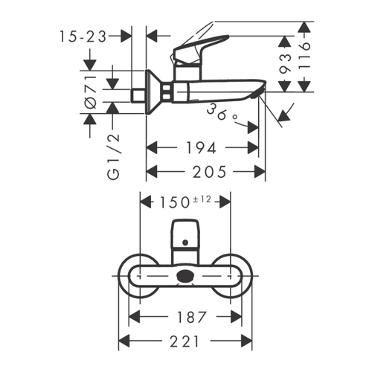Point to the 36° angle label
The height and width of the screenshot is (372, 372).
(224, 112)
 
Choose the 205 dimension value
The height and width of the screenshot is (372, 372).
(205, 172)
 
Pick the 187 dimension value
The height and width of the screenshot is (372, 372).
(183, 318)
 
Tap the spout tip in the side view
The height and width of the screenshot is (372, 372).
(257, 92)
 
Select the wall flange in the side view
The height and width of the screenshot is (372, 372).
(151, 92)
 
